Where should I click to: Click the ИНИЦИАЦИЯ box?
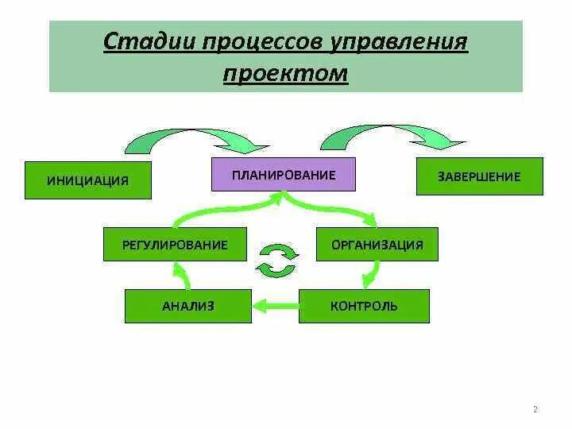(87, 180)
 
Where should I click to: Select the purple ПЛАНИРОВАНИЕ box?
(284, 175)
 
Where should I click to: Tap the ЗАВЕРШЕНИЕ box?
(479, 176)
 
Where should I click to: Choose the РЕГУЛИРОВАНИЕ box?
(175, 245)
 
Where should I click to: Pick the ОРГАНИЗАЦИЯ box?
(377, 245)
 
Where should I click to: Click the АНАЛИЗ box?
(187, 306)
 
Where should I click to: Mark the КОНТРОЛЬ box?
(364, 306)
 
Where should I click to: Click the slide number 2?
(535, 410)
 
